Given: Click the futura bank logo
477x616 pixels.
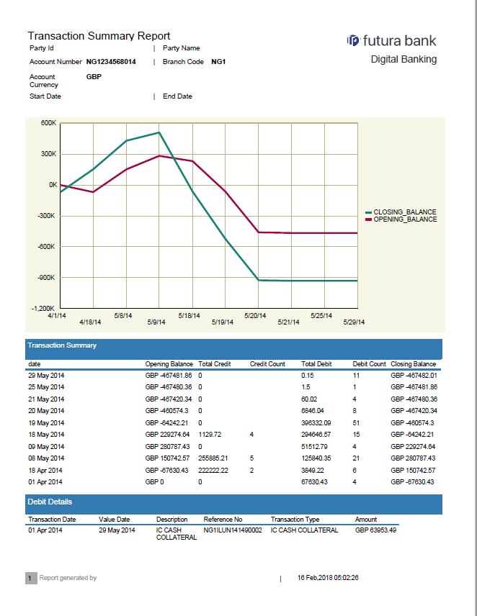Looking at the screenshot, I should (391, 40).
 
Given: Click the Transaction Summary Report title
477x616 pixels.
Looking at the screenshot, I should (99, 36).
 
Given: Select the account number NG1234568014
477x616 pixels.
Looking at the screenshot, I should (111, 62).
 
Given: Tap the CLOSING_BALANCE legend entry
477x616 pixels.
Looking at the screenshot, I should (404, 212).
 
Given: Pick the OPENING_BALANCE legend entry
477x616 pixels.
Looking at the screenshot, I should (404, 219).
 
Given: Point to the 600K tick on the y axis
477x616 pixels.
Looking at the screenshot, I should (48, 123).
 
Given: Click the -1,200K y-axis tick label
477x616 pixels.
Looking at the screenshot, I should (45, 309).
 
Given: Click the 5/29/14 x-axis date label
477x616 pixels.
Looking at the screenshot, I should (355, 322).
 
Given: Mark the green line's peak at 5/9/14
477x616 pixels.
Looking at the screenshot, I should (159, 132).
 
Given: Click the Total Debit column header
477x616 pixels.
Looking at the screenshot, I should (317, 364).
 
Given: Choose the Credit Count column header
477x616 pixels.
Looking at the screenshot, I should (267, 364).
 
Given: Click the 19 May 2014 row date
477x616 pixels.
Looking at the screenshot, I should (46, 422).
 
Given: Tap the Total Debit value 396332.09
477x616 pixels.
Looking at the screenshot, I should (317, 422).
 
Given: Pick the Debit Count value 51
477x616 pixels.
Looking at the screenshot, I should (356, 422).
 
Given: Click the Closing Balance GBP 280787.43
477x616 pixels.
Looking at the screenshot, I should (413, 458).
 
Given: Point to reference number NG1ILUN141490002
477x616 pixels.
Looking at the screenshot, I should (233, 530).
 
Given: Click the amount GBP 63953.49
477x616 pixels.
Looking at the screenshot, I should (375, 530).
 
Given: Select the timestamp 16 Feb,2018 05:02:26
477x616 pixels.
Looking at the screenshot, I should (328, 578).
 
